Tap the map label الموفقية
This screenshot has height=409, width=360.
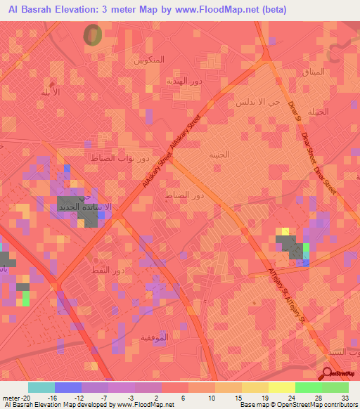click(175, 338)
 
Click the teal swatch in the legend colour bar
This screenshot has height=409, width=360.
click(41, 387)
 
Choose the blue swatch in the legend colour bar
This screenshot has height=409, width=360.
click(67, 387)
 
